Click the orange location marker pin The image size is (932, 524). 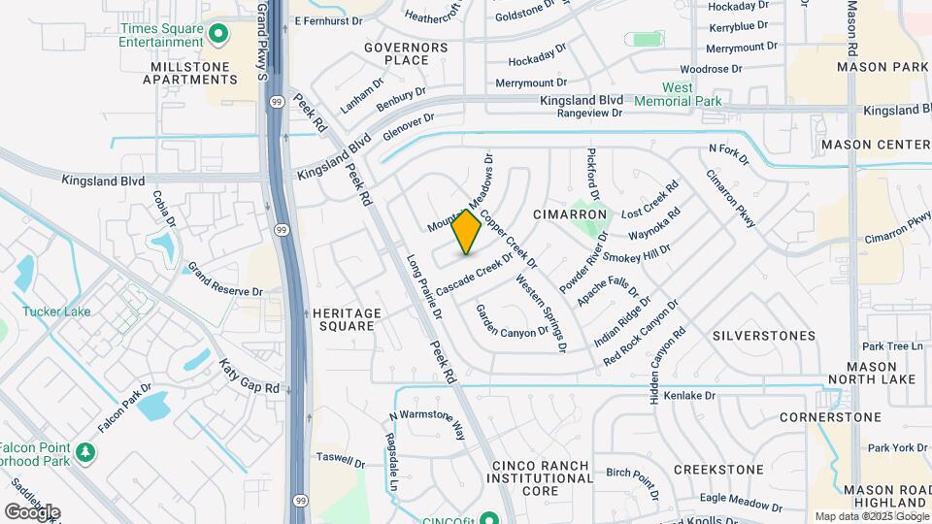(467, 232)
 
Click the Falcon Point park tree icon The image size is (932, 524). (86, 452)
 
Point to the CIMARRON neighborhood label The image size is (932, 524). (570, 213)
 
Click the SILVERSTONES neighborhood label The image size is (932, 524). (764, 336)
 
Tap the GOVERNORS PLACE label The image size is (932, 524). (406, 53)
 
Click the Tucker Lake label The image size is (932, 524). (57, 311)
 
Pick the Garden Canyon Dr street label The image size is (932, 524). (512, 324)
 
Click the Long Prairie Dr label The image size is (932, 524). (424, 288)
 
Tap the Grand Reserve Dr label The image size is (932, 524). (225, 278)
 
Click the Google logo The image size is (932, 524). (32, 511)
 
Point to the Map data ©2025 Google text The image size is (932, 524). (871, 516)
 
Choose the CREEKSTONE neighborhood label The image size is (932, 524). (718, 469)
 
